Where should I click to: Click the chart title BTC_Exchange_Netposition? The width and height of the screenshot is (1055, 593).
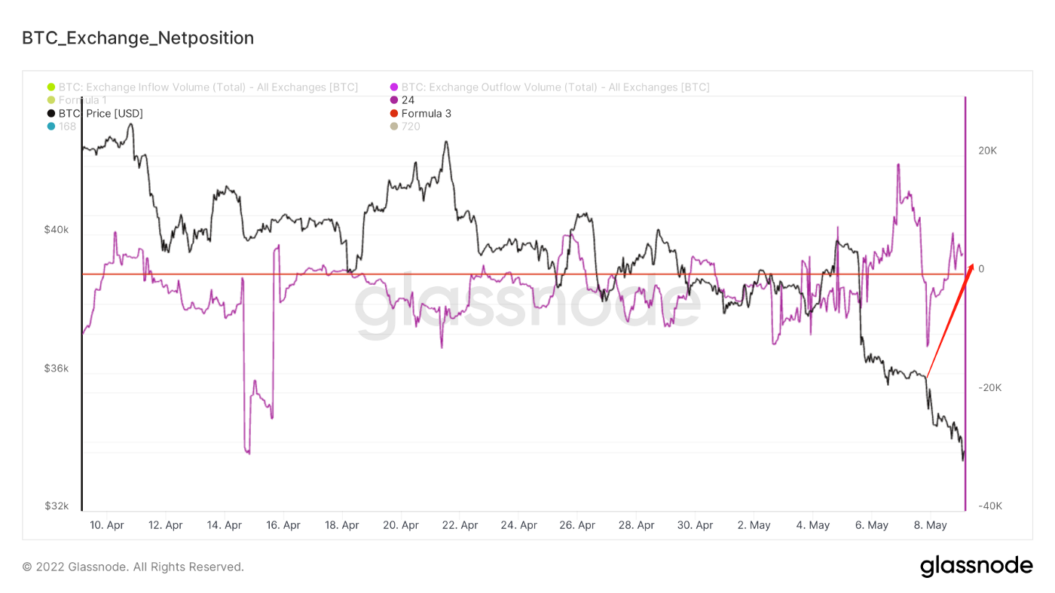(138, 38)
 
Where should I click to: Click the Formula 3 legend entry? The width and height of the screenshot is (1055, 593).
(426, 114)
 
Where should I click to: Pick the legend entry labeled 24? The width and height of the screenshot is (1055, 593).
(408, 100)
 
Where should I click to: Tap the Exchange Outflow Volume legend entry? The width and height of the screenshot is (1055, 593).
(555, 87)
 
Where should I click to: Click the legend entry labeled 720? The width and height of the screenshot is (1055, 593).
(411, 127)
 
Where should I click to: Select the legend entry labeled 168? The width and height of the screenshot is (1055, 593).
(67, 127)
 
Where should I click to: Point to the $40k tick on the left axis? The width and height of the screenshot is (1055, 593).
(57, 230)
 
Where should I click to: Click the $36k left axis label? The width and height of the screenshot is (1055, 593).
(57, 368)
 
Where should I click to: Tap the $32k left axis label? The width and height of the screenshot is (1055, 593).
(57, 506)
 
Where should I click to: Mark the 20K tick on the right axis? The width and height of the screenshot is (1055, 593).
(987, 151)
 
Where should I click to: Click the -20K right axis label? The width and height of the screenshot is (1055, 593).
(989, 387)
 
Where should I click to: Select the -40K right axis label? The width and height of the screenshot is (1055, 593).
(989, 506)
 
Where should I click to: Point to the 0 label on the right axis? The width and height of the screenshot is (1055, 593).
(981, 269)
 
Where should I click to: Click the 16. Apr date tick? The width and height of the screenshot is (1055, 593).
(283, 525)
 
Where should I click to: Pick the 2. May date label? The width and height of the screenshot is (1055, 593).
(754, 525)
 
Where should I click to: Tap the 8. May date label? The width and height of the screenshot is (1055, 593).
(931, 525)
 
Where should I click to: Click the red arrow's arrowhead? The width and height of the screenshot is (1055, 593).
(972, 266)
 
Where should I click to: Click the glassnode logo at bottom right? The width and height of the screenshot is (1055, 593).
(976, 566)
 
